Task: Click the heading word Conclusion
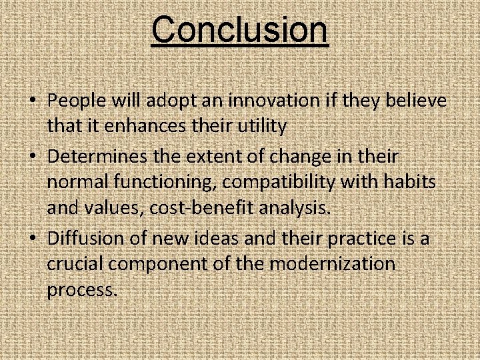[239, 29]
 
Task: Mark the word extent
[222, 157]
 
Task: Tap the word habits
[409, 182]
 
